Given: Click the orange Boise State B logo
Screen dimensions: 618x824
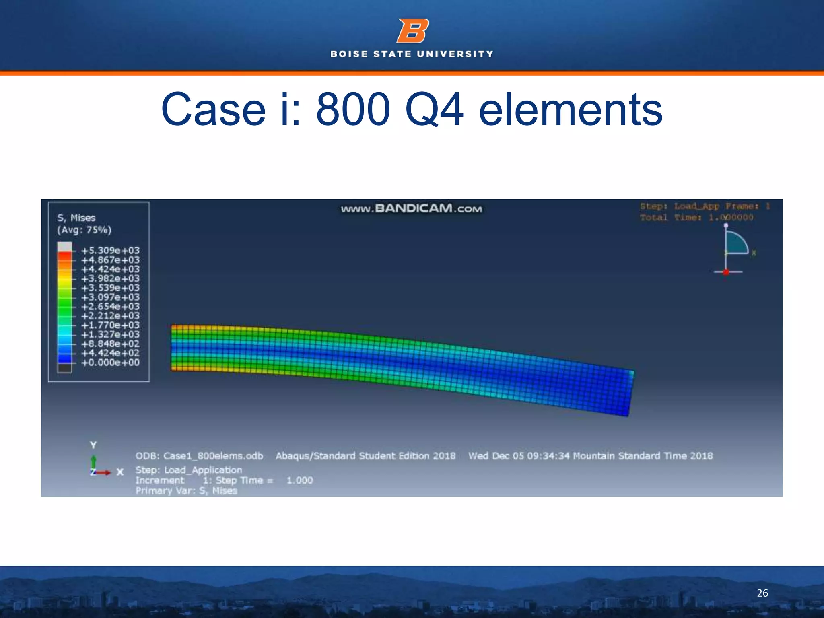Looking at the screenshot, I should click(x=412, y=31).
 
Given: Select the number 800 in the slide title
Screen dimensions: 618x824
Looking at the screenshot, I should click(x=353, y=109).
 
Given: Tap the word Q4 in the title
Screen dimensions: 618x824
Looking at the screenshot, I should click(x=434, y=109).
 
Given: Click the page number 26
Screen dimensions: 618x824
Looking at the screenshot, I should click(x=762, y=593).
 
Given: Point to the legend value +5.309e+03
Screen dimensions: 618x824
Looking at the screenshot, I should click(x=110, y=251).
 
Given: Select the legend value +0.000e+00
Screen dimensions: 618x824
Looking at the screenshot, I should click(x=110, y=363).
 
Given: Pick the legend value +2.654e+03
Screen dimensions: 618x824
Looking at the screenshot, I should click(x=110, y=307).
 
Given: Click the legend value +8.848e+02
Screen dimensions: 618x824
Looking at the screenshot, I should click(x=110, y=344).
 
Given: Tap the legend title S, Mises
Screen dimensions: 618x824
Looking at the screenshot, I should click(x=76, y=218).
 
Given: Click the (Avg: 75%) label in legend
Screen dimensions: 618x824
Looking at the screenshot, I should click(x=84, y=230).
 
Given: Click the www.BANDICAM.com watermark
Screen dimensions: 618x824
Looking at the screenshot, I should click(x=411, y=208).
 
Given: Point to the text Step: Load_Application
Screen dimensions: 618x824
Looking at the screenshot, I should click(x=189, y=470).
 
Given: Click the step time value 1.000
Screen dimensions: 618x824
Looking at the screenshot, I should click(x=300, y=480).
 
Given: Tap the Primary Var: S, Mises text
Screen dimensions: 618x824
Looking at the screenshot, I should click(x=186, y=491).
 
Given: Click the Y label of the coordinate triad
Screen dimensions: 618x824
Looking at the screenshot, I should click(x=93, y=445).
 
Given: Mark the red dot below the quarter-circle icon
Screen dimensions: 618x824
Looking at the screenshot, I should click(x=726, y=272).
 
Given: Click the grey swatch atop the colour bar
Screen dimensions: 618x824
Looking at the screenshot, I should click(x=65, y=247).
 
